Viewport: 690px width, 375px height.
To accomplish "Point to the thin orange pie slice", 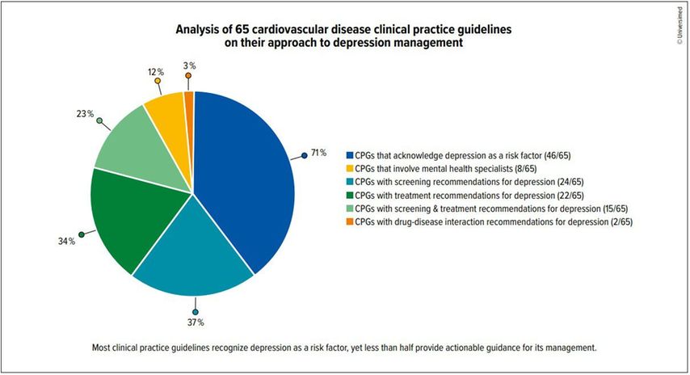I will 189,99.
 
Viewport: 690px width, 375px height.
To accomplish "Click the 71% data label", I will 318,152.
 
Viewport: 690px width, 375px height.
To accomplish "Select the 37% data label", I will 196,323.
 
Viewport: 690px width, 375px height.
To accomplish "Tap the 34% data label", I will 66,241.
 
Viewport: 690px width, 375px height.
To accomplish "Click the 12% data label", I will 155,71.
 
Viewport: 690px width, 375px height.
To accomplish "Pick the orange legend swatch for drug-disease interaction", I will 349,221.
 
